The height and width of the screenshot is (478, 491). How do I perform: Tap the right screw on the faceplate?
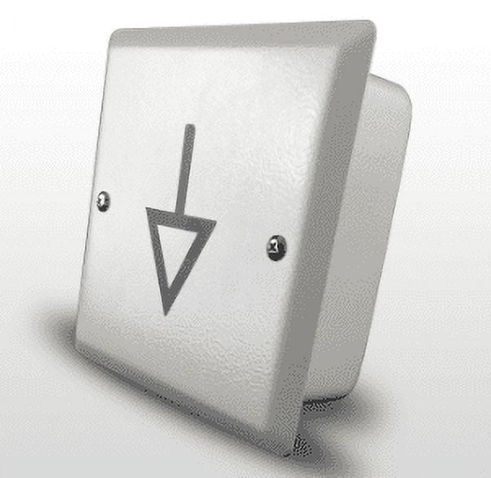(276, 246)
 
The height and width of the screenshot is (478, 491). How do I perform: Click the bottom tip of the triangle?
(166, 312)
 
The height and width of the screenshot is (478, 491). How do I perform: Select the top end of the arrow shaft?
(190, 127)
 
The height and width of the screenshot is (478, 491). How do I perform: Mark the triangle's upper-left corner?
(148, 210)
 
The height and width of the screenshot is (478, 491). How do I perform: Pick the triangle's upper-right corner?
(215, 222)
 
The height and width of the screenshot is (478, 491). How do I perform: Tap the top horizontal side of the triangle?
(181, 216)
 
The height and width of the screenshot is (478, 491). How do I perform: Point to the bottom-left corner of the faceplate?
(77, 343)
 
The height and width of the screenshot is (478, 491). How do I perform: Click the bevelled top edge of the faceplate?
(245, 33)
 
